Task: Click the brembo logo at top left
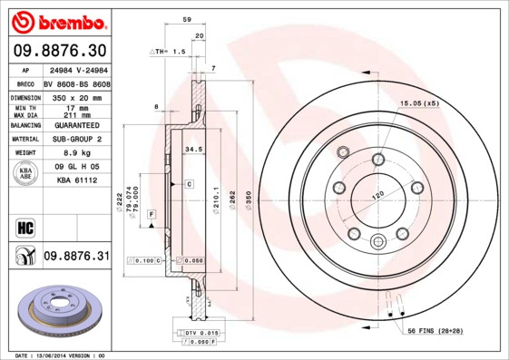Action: [x=56, y=21]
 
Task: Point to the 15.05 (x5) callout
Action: [x=419, y=103]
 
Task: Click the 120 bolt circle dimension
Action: [x=378, y=193]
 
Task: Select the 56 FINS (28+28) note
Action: [x=435, y=332]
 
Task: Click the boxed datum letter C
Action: [x=190, y=184]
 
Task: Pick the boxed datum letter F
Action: [x=150, y=212]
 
